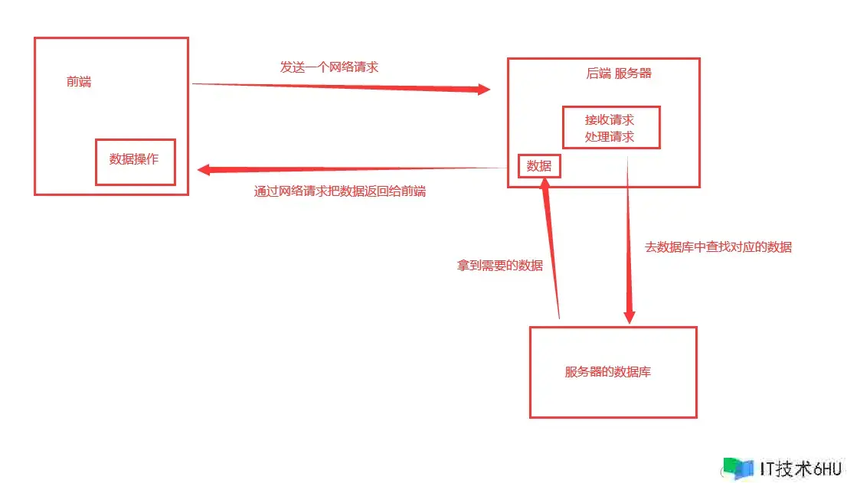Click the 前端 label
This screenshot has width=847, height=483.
[79, 82]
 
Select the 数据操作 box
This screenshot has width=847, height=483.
[135, 160]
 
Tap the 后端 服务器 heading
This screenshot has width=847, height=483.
[619, 73]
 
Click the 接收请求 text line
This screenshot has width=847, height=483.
[610, 119]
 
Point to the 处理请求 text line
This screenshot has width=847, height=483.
[610, 137]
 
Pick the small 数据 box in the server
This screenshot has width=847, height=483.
[539, 165]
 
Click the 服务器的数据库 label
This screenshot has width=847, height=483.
[608, 372]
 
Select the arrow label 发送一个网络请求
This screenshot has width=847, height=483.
[329, 67]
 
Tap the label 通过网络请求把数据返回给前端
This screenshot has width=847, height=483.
[340, 191]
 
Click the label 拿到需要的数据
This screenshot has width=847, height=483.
[500, 266]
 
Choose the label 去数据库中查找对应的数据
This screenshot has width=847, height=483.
[719, 247]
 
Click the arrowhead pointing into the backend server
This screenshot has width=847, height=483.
[483, 90]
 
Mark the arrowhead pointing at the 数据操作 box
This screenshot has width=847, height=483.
[204, 170]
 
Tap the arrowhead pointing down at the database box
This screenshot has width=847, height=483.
[630, 315]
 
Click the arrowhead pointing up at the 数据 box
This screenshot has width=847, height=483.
[544, 184]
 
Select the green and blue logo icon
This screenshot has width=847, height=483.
[737, 468]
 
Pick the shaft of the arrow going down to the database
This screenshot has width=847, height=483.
[629, 230]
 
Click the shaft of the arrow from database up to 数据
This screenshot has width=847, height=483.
[553, 253]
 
